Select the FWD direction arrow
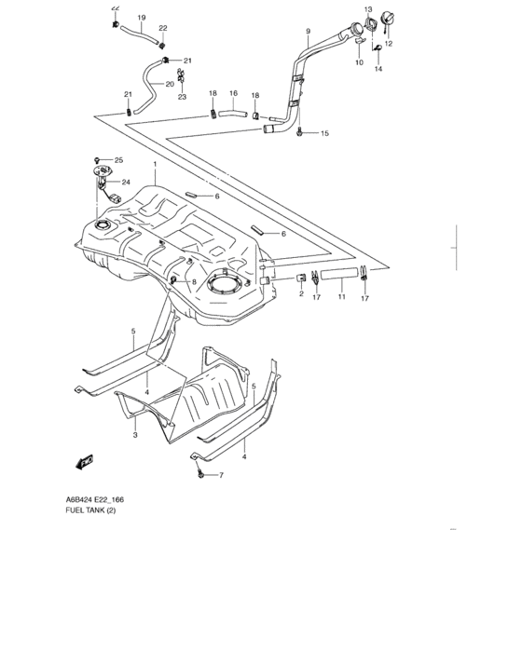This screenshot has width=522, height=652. point(85,459)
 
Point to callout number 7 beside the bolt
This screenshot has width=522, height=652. point(221,476)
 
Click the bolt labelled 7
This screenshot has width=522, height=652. point(200,474)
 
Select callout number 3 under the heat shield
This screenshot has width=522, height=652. point(135,435)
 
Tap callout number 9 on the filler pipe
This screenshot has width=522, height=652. point(307,32)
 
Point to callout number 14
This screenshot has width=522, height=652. point(378,70)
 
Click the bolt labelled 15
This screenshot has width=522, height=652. point(299,134)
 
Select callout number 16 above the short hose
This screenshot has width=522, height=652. point(234,93)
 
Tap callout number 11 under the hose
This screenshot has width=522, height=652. point(341,296)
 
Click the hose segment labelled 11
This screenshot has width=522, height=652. point(340,274)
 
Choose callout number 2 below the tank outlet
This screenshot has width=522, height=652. point(301,293)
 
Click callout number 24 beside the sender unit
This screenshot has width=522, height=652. point(125,183)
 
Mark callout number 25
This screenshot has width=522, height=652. point(118,160)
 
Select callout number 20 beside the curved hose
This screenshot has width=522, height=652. point(170,84)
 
